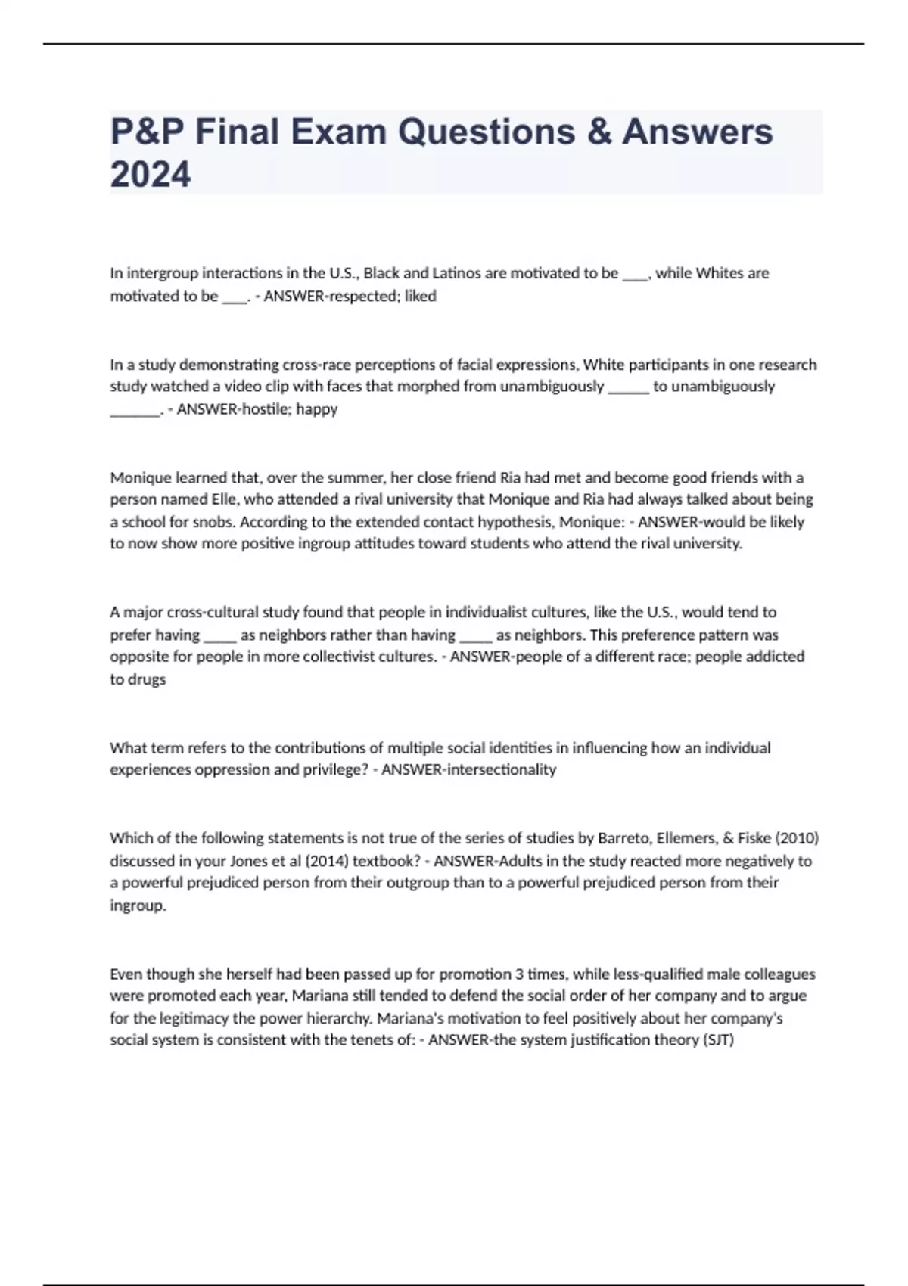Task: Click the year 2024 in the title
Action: click(151, 174)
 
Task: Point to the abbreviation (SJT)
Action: click(718, 1040)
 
